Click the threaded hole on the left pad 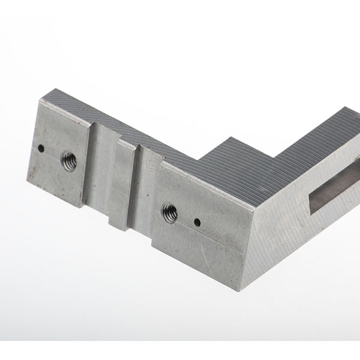[68, 161]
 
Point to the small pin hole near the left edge [40, 148]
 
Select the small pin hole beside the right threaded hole [197, 223]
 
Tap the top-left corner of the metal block [43, 99]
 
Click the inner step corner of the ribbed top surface [198, 157]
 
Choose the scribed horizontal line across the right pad [198, 243]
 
